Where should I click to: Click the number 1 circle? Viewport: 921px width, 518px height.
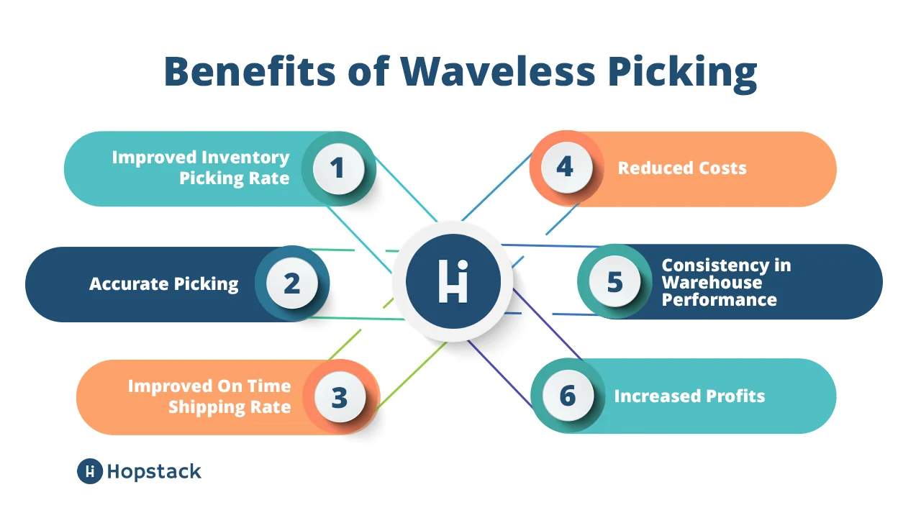[x=338, y=168]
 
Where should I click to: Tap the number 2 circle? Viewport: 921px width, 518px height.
[x=292, y=283]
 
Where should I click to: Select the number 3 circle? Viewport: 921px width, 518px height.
[x=340, y=397]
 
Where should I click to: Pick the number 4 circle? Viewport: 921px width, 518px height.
[x=566, y=168]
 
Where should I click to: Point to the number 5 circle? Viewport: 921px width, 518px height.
[x=614, y=281]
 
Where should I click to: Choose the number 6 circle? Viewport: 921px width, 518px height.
[x=568, y=396]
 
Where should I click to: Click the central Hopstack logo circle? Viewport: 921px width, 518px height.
[x=453, y=281]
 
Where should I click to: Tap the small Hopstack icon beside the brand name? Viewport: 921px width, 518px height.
[x=90, y=471]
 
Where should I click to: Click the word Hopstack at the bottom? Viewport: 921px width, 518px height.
[x=154, y=471]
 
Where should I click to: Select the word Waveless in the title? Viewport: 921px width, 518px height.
[x=498, y=71]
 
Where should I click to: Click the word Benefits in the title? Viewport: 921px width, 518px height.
[x=250, y=71]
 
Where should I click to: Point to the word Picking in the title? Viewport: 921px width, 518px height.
[x=683, y=74]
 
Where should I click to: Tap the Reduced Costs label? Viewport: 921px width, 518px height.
[x=682, y=168]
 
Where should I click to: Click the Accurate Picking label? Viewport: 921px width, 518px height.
[x=163, y=284]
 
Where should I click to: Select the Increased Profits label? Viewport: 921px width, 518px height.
[x=689, y=396]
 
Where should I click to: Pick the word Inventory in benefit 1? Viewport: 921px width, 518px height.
[x=245, y=158]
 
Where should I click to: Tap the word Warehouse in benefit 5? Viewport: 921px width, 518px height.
[x=712, y=283]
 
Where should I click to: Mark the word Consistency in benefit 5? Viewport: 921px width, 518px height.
[x=715, y=266]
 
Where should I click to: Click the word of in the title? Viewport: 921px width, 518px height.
[x=368, y=71]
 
